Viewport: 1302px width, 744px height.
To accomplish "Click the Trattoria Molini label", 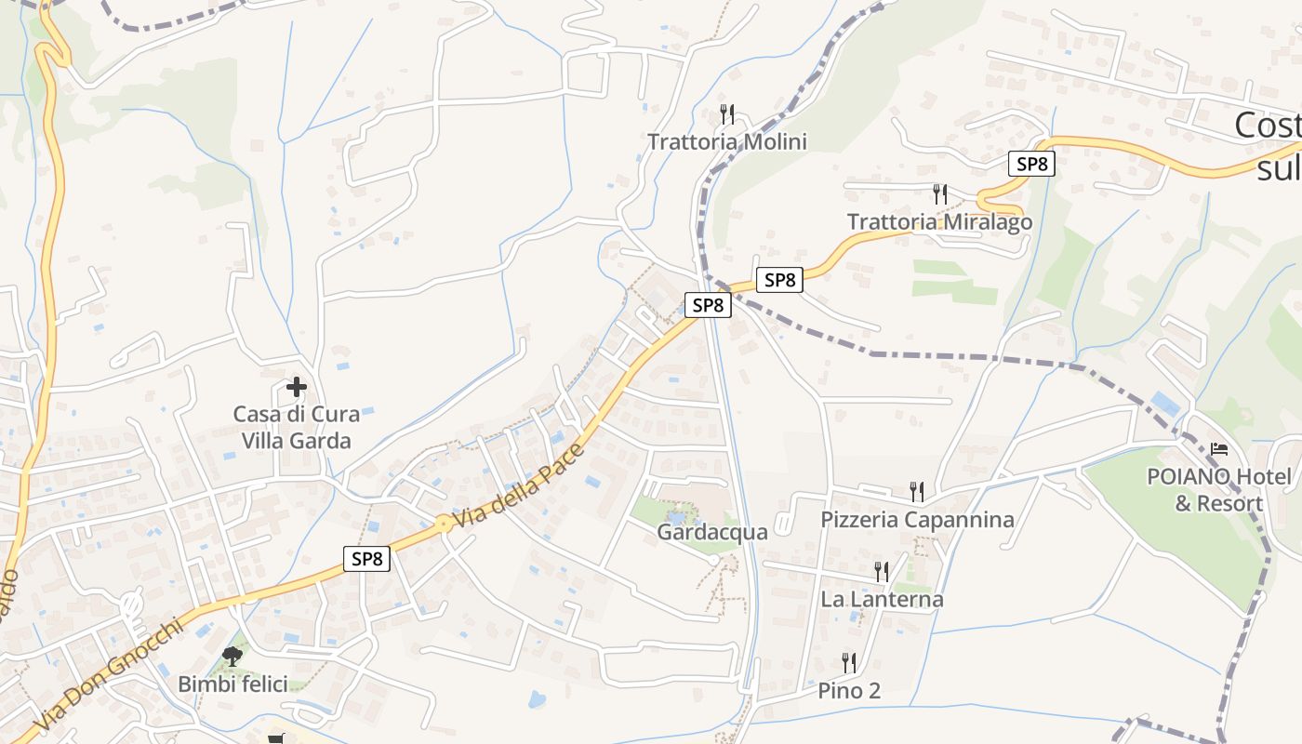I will [726, 141].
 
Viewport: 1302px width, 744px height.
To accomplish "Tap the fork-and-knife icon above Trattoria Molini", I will [727, 114].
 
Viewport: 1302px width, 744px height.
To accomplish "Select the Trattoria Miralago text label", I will [939, 222].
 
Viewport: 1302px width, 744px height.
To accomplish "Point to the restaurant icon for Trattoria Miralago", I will [940, 194].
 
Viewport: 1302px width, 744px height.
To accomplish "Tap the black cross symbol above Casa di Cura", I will [297, 386].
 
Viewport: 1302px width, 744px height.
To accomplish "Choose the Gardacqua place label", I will [712, 532].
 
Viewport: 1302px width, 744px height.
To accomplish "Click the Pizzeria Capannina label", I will [917, 519].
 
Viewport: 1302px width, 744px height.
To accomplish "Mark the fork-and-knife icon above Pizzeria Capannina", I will [917, 491].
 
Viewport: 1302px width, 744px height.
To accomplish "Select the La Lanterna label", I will [882, 599].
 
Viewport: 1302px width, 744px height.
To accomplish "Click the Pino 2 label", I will [849, 691].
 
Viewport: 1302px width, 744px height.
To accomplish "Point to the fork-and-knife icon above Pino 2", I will [849, 663].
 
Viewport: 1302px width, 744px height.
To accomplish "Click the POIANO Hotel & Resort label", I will [1218, 490].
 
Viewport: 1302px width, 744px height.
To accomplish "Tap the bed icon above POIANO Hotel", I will [1219, 449].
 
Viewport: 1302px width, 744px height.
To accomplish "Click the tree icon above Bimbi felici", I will [232, 657].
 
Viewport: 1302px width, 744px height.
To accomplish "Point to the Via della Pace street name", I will [520, 488].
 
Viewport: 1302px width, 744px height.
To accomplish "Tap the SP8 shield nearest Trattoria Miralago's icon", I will [1031, 164].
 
